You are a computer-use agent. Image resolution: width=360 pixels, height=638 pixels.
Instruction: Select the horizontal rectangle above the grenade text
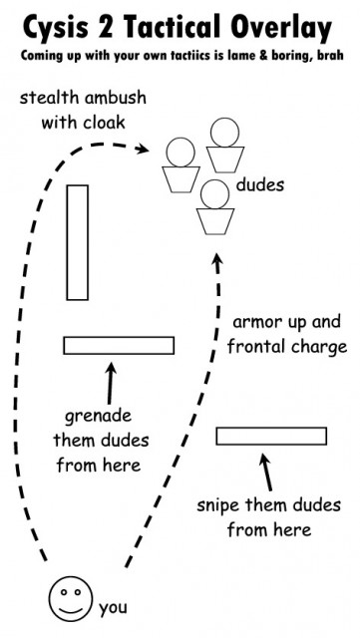pyautogui.click(x=119, y=345)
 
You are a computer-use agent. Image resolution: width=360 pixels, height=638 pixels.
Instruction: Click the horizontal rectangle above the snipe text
pyautogui.click(x=271, y=436)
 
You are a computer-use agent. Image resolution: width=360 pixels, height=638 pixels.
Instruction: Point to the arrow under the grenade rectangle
pyautogui.click(x=110, y=379)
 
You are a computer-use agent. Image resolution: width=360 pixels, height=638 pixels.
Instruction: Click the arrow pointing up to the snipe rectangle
pyautogui.click(x=265, y=469)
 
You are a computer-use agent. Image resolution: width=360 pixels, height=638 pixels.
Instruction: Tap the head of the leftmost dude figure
pyautogui.click(x=180, y=152)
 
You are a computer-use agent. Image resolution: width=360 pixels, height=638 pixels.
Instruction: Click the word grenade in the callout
pyautogui.click(x=98, y=416)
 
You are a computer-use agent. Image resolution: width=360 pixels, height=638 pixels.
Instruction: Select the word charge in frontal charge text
pyautogui.click(x=317, y=347)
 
